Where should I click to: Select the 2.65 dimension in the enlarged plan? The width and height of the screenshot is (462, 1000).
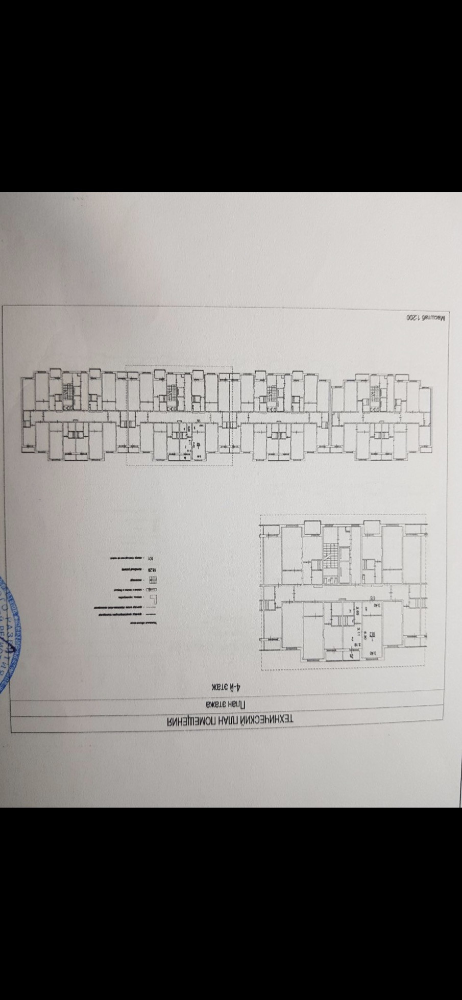pyautogui.click(x=358, y=610)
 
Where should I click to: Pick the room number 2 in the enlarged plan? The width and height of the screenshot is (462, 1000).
pyautogui.click(x=353, y=637)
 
